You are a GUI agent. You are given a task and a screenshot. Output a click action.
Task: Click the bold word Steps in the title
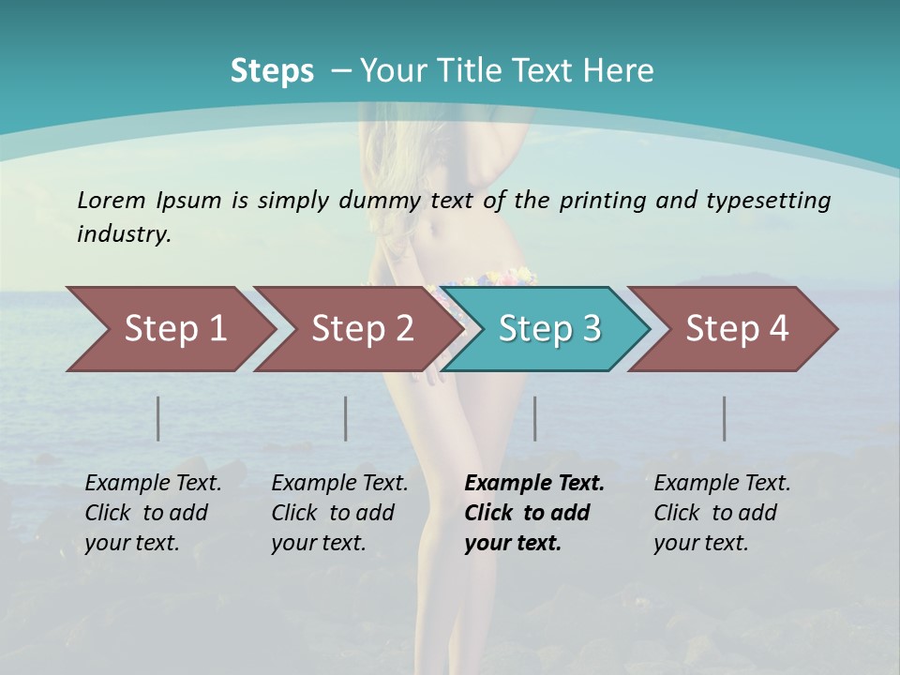point(272,71)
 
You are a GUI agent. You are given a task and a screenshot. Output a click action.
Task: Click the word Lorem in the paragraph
point(111,200)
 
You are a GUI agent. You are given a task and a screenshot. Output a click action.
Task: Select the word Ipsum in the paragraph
point(188,200)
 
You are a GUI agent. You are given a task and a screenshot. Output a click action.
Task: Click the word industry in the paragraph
point(124,234)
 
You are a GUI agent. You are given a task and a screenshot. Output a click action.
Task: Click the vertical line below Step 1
point(158,418)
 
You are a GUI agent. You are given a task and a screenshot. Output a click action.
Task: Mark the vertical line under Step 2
point(346,418)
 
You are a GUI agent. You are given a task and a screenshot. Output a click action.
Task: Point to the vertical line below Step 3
point(535,418)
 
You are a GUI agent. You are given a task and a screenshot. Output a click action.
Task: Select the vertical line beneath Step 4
point(725,418)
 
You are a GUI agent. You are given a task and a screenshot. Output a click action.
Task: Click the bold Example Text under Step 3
point(534,484)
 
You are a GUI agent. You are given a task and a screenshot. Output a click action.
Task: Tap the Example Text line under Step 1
point(153,484)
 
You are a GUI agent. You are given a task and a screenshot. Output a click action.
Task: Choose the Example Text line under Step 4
point(722,484)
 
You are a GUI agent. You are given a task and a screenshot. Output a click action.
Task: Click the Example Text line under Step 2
point(339,484)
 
